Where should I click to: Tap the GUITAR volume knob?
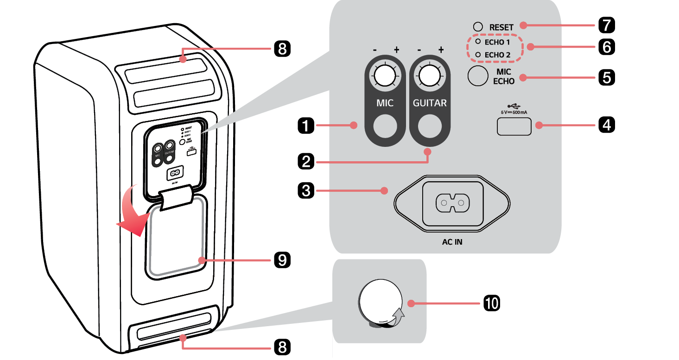[x=429, y=76]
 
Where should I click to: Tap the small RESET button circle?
[x=478, y=27]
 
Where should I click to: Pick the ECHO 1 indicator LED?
[x=478, y=42]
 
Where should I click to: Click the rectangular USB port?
[x=514, y=126]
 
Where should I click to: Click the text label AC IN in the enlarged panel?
[x=452, y=242]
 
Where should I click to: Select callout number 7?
[x=606, y=25]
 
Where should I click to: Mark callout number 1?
[x=306, y=125]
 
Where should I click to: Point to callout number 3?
[x=306, y=190]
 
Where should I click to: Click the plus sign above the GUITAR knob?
[x=441, y=50]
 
